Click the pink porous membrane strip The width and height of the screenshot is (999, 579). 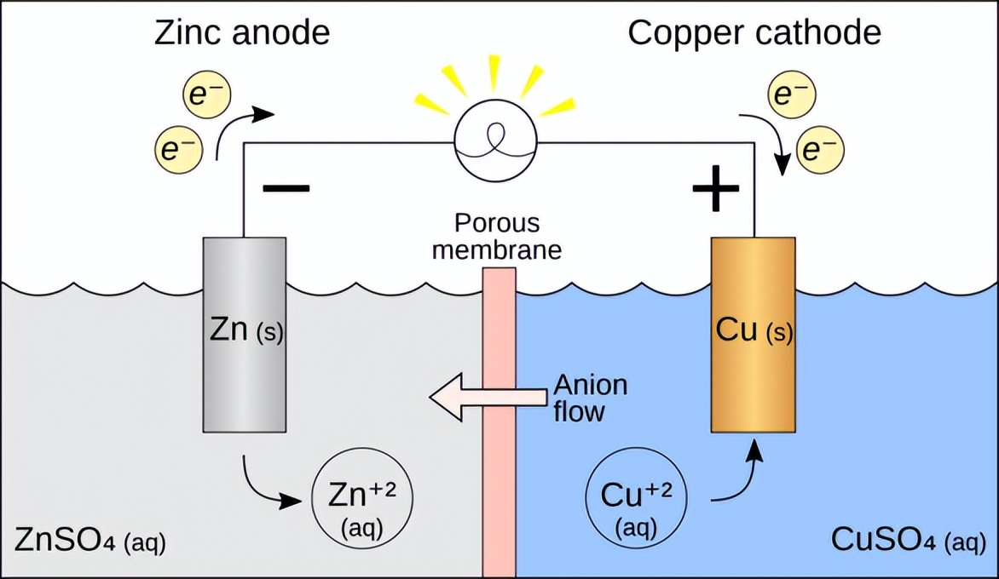coord(499,426)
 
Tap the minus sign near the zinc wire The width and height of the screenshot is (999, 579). coord(286,188)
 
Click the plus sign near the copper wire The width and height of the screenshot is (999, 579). coord(715,189)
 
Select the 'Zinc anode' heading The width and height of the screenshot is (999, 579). coord(241,33)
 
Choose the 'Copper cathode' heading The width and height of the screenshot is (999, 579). coord(754,33)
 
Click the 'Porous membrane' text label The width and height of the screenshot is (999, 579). coord(496,236)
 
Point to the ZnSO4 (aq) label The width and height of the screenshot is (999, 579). coord(90,541)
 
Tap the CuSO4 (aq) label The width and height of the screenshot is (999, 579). coord(908,541)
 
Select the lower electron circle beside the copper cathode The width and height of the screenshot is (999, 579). coord(820,151)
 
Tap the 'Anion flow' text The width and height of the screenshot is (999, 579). coord(590,398)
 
